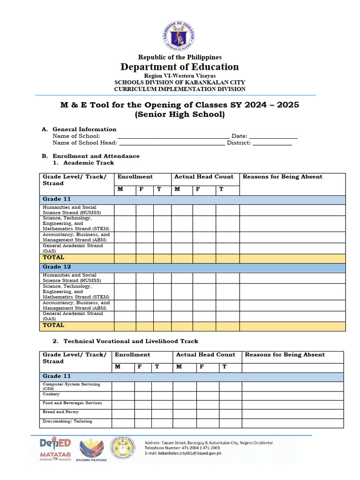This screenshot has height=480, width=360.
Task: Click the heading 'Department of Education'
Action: pos(180,67)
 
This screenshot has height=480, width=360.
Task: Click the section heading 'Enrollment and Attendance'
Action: pos(96,156)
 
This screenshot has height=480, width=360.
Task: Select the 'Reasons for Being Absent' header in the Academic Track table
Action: pos(282,177)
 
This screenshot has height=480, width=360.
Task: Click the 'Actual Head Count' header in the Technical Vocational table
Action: pos(205,355)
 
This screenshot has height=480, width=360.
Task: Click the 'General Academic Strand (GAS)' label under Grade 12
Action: pos(73,316)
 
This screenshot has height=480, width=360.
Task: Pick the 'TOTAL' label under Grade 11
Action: pos(53,257)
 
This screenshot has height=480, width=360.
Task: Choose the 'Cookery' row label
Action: pos(51,394)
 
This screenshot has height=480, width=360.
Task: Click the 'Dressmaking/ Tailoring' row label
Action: pos(67,421)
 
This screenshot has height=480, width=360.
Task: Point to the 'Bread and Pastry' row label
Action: pos(60,412)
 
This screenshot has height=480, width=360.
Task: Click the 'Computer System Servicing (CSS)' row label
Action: pos(71,386)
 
